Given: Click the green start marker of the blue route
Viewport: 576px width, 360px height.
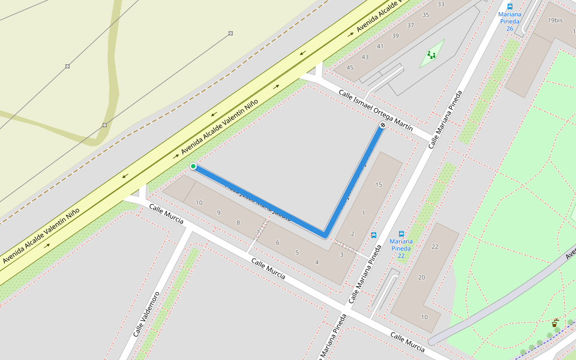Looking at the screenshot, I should coord(193,166).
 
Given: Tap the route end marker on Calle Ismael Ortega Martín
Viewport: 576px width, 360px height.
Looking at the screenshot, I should coord(382,125).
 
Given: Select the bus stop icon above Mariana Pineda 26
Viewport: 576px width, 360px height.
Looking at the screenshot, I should coord(510,7).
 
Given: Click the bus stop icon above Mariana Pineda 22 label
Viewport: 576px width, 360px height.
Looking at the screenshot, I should coord(401,234).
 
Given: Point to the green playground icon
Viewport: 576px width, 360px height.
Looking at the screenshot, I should coord(431,55).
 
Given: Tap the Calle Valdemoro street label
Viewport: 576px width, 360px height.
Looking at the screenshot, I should coord(148,314).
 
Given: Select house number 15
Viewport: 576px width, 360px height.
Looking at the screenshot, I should coord(379,185).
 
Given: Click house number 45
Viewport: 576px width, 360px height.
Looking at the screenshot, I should coord(350,68).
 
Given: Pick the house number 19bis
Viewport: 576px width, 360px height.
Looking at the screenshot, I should coord(555,20).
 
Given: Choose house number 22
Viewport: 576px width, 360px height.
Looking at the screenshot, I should coord(435,247).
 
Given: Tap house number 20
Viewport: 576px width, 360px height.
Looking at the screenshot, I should coord(422,277).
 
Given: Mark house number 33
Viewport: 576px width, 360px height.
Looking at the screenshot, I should coord(441,4).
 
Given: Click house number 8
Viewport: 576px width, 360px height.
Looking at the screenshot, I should coord(238,223).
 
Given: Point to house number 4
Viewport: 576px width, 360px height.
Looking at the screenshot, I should coord(317,262).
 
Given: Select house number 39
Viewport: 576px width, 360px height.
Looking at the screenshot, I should coord(395,36).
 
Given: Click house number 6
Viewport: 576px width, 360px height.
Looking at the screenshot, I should coord(277,242).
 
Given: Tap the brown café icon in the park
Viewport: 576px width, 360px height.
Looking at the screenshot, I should coord(554,323).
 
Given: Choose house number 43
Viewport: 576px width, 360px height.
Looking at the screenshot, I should coord(365,57).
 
